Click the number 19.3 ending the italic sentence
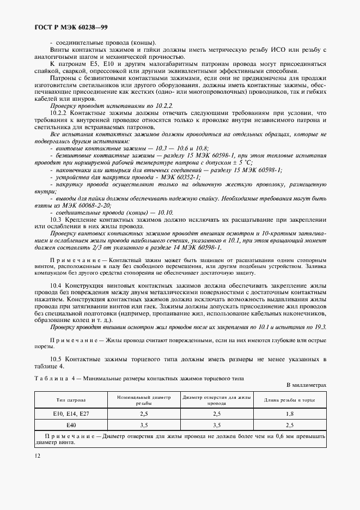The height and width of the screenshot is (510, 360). click(x=319, y=327)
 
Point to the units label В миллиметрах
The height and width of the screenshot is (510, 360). click(x=306, y=385)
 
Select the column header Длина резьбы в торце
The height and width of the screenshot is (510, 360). click(x=290, y=400)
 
